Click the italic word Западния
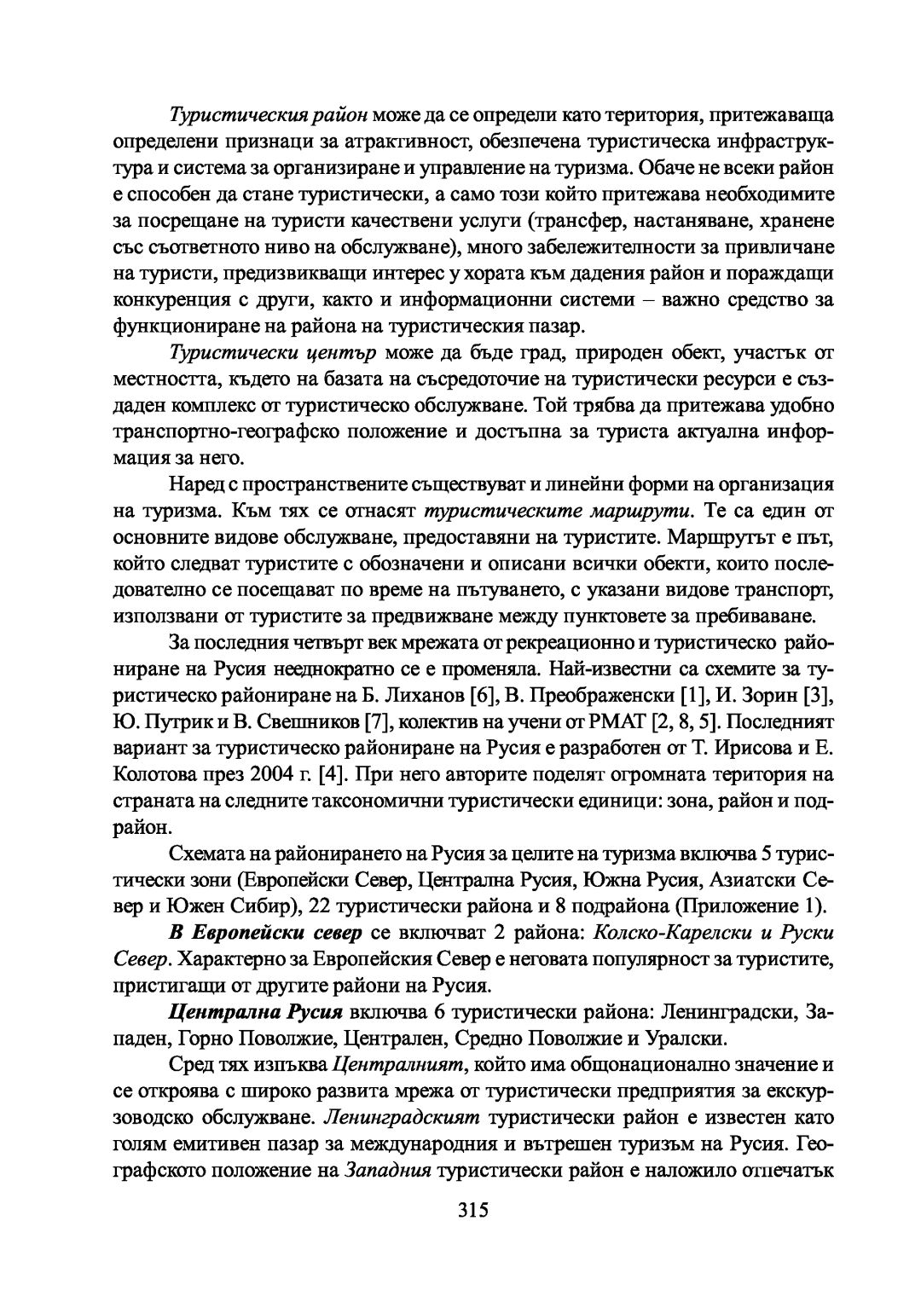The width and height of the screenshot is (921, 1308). pos(388,1171)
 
